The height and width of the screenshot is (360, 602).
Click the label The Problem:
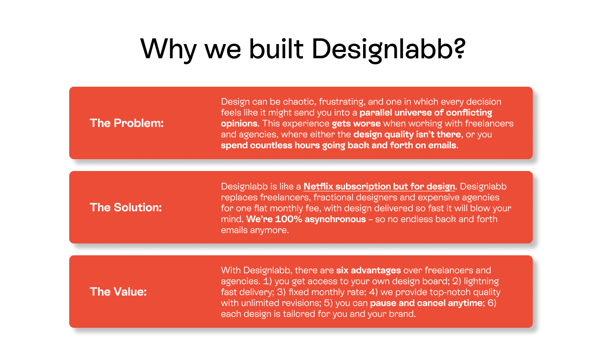[127, 123]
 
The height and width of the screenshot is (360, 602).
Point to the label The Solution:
[126, 207]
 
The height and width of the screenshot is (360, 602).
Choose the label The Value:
[118, 292]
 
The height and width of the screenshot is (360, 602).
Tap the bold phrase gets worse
[356, 124]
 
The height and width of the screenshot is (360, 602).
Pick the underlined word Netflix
[320, 186]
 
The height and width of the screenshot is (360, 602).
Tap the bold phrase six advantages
[368, 270]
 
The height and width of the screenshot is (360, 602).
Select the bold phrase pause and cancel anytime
[426, 303]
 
